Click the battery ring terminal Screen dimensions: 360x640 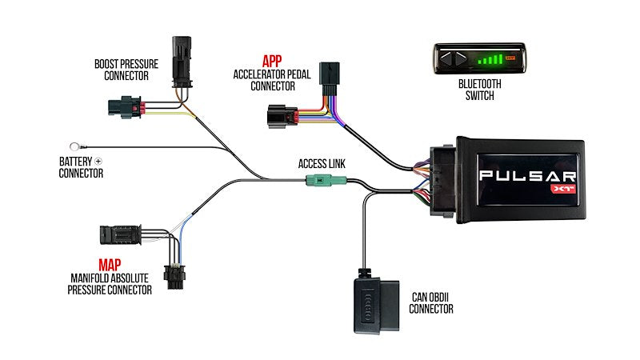pos(76,146)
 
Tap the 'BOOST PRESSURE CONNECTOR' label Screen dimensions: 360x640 pos(126,70)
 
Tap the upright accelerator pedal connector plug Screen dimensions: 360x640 pos(329,78)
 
